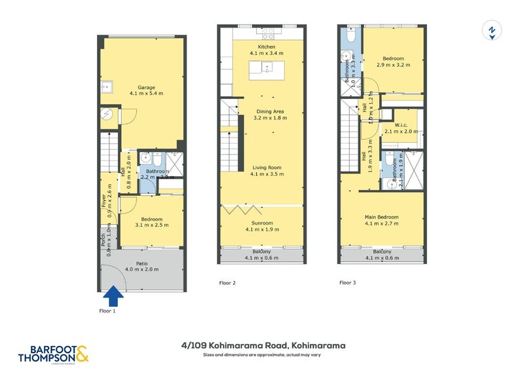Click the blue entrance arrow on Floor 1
(115, 296)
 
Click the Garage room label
(141, 90)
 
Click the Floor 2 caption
(227, 284)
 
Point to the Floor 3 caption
(347, 284)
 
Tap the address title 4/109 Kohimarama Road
(264, 345)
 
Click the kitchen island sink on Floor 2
(267, 67)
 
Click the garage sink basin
(106, 88)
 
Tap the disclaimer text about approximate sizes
(264, 354)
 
